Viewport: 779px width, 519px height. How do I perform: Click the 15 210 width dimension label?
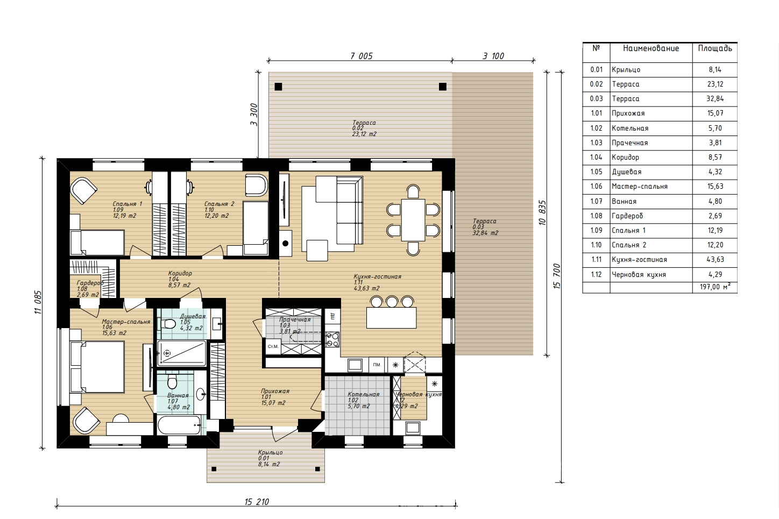click(x=257, y=502)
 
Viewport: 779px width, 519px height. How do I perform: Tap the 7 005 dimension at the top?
click(x=362, y=56)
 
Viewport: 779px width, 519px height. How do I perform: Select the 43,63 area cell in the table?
click(x=715, y=260)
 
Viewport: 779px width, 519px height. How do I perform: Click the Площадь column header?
click(x=715, y=48)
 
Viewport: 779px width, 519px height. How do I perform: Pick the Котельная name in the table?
click(x=630, y=129)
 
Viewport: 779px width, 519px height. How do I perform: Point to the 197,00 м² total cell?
click(x=715, y=287)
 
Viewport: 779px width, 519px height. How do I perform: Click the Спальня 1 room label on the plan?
click(x=128, y=204)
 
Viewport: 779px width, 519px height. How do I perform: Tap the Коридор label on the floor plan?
click(x=180, y=274)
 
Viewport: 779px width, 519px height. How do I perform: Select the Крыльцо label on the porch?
click(x=270, y=453)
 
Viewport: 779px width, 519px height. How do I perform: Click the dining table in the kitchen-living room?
click(x=413, y=219)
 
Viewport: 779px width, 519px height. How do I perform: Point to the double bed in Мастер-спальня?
click(x=97, y=367)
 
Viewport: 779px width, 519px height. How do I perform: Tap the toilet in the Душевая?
click(x=168, y=324)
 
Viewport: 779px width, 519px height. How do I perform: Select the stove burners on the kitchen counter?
click(x=332, y=339)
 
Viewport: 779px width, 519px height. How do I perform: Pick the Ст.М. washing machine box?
click(x=273, y=346)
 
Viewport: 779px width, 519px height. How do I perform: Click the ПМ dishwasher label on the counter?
click(x=376, y=365)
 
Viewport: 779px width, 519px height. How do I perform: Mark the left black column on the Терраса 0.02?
click(x=278, y=87)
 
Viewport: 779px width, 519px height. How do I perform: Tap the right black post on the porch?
click(x=317, y=469)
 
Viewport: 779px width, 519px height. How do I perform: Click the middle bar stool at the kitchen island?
click(x=392, y=301)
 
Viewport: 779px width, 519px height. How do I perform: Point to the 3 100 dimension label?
click(x=493, y=56)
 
